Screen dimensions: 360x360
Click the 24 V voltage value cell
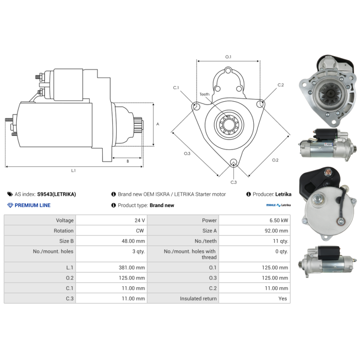click(139, 220)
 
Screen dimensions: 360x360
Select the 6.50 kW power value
click(279, 220)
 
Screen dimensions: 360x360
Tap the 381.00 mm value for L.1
click(132, 267)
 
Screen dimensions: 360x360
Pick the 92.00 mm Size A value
click(276, 231)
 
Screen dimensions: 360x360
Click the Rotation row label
click(63, 231)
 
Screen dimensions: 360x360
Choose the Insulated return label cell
click(198, 298)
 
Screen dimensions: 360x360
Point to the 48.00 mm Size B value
click(133, 241)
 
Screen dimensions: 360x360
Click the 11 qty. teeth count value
click(280, 241)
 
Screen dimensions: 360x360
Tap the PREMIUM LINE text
click(32, 205)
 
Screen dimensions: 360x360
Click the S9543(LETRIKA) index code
click(57, 194)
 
